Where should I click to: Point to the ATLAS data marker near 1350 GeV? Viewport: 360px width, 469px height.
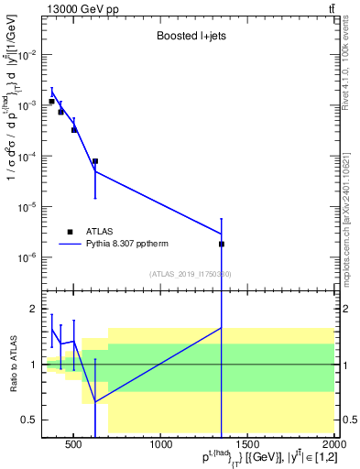(x=222, y=244)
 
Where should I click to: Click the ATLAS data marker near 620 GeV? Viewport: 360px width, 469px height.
(x=94, y=161)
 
